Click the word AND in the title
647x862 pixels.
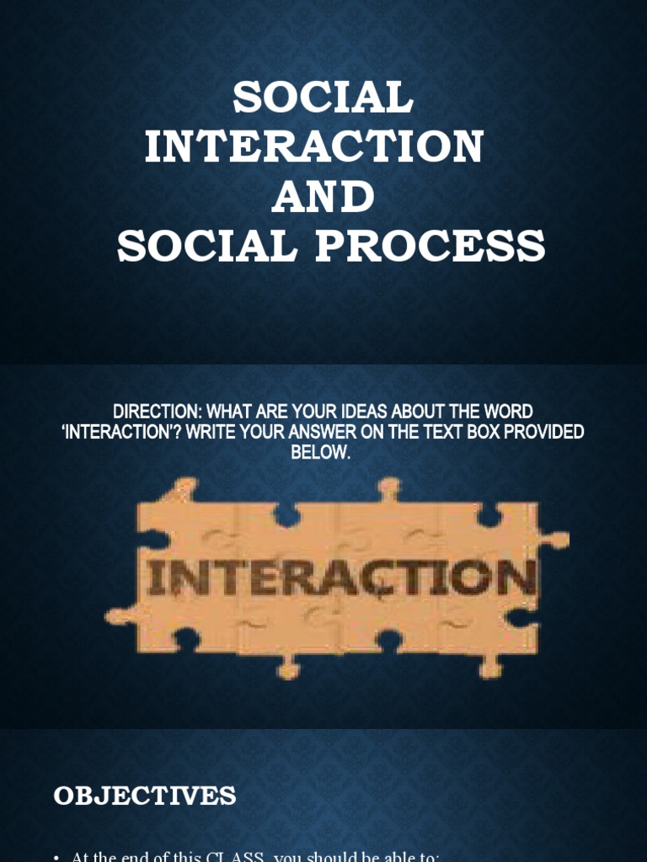click(x=323, y=196)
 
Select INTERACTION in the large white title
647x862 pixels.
click(x=313, y=146)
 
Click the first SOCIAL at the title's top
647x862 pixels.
click(x=323, y=98)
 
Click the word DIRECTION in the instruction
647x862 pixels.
click(x=158, y=413)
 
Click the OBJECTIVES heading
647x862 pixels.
click(x=145, y=795)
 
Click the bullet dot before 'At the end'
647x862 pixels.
click(x=56, y=858)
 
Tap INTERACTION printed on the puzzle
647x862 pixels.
click(x=342, y=580)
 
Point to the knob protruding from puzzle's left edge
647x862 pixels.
click(x=119, y=617)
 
